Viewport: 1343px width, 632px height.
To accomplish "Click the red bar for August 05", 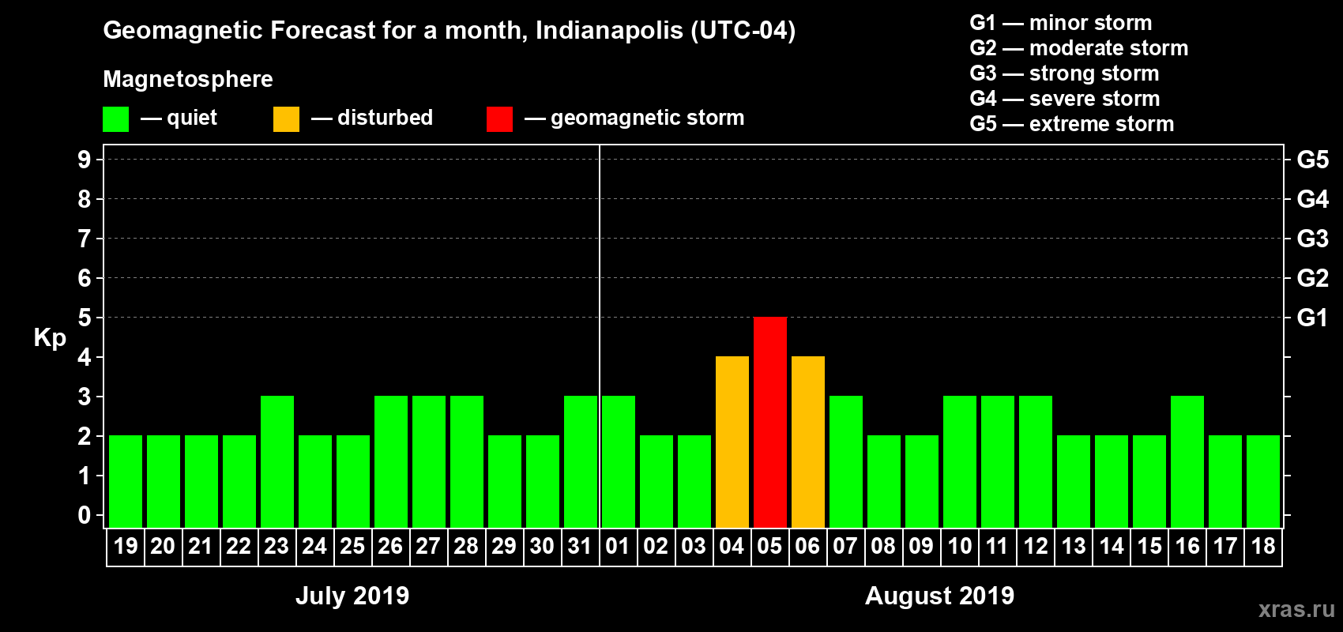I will point(770,422).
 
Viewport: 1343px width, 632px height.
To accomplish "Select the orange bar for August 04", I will point(732,442).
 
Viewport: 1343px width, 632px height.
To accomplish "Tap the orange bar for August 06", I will point(808,442).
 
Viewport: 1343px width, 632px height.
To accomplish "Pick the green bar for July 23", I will point(277,461).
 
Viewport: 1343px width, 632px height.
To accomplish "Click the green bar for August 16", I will point(1187,461).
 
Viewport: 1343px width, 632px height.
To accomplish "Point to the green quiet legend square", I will point(116,119).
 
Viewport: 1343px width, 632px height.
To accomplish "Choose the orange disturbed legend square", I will point(286,119).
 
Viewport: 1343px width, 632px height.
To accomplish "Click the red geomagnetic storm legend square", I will point(499,119).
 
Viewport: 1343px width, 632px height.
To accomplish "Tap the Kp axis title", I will point(50,337).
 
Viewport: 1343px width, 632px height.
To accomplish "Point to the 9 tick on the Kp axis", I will point(85,160).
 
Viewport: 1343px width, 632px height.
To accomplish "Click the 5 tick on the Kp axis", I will point(85,318).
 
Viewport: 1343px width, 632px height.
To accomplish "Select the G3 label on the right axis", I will point(1312,239).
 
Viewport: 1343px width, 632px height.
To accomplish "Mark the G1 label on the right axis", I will point(1312,318).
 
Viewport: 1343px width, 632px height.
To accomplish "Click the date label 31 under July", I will point(580,546).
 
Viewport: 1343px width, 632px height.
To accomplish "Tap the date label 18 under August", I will point(1263,546).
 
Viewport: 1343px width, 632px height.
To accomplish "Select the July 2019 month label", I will point(352,596).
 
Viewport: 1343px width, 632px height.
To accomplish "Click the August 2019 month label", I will point(939,596).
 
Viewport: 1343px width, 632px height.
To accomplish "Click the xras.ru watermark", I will point(1296,609).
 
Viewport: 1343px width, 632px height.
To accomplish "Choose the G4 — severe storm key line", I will point(1064,99).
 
